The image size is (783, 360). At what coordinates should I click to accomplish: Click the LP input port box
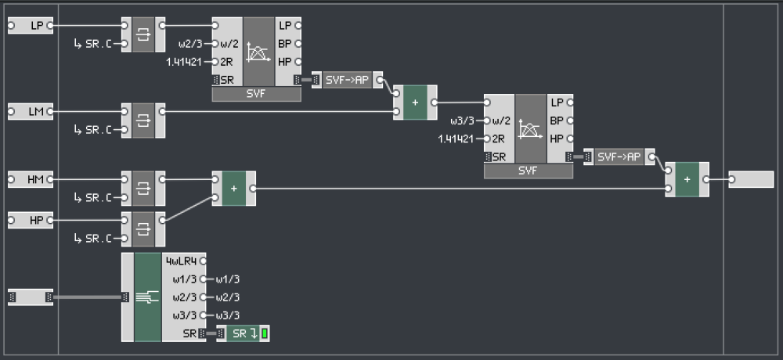tap(31, 26)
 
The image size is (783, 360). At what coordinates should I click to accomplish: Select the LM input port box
tap(31, 112)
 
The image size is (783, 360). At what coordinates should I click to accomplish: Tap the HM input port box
tap(31, 180)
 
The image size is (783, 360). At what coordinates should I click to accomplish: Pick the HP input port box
tap(31, 221)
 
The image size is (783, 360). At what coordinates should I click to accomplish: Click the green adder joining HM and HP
tap(233, 189)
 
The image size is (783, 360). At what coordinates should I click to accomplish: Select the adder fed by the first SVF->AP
tap(414, 103)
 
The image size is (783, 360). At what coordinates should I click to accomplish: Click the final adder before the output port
tap(687, 180)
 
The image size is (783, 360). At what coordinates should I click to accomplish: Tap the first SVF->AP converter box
tap(347, 80)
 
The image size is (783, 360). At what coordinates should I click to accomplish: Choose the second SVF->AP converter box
tap(619, 157)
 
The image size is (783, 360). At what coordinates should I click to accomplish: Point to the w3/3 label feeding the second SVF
tap(463, 121)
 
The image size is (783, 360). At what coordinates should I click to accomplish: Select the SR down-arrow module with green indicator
tap(247, 334)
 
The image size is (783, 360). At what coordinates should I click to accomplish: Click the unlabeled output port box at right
tap(750, 180)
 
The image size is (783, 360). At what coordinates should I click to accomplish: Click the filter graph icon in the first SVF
tap(258, 52)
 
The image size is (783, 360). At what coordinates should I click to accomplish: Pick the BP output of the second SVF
tap(558, 121)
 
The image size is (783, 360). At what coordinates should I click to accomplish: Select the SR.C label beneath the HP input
tap(99, 238)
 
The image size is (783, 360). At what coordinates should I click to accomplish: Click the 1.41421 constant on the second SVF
tap(456, 139)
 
